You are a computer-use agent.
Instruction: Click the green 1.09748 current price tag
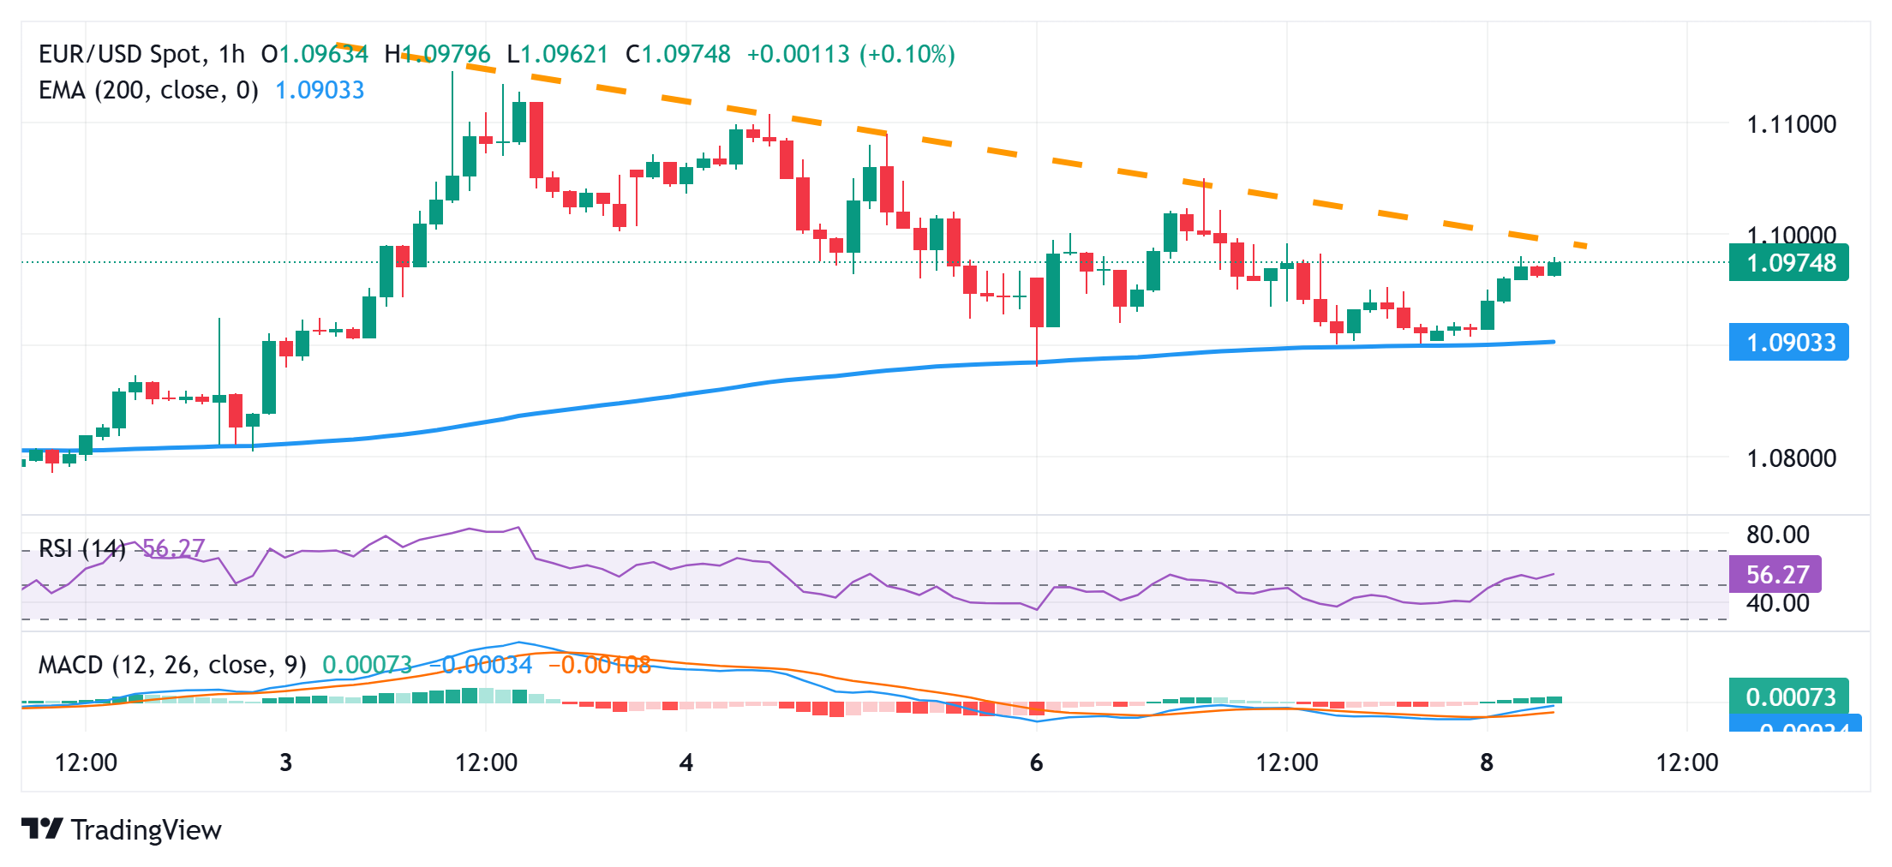1789,263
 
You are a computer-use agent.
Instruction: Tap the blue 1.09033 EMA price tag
1789,343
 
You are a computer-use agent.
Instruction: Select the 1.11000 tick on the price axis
1791,124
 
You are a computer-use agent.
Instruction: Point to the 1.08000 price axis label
1791,458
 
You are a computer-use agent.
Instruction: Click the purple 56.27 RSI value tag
1775,574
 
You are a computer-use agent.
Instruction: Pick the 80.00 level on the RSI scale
1777,535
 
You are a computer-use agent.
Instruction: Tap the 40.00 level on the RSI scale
1777,603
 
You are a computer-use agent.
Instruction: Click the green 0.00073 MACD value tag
1789,697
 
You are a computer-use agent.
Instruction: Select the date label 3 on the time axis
286,762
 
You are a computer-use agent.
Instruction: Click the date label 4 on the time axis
686,762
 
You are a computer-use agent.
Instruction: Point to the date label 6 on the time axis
1037,762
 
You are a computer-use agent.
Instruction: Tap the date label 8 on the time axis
1487,762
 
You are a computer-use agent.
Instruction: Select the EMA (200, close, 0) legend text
148,90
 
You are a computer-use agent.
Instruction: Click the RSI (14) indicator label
82,548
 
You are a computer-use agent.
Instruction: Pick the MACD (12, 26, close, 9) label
172,665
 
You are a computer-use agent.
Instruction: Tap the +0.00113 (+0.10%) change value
850,55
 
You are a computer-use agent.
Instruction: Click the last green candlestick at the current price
1554,268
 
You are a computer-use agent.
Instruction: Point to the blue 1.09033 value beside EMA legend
320,90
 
